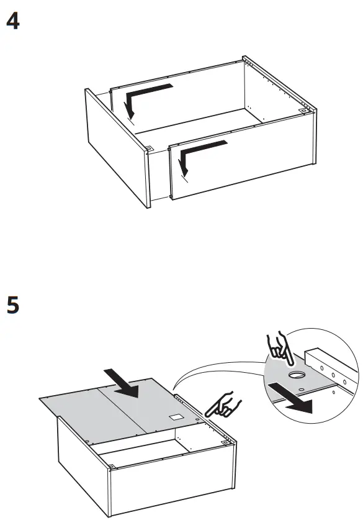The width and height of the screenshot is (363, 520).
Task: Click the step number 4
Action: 12,22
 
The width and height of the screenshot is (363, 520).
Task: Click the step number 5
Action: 12,306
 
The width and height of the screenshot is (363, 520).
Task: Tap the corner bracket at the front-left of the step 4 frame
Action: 150,148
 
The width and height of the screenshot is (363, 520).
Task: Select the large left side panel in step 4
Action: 115,146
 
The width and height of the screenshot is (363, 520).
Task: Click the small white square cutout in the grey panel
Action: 176,416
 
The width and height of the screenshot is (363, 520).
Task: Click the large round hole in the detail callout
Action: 297,376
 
